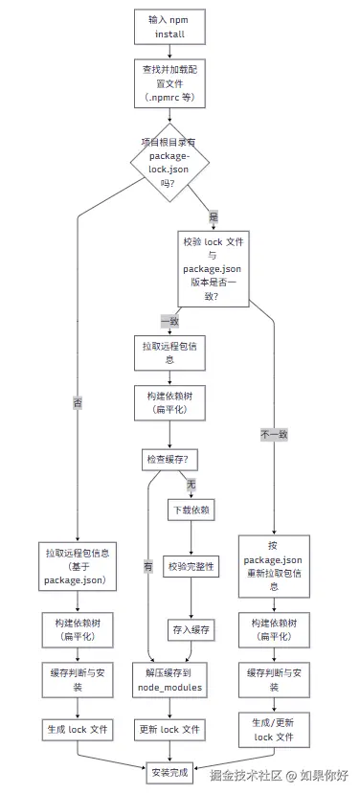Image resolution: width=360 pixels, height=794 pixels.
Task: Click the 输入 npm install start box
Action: [169, 26]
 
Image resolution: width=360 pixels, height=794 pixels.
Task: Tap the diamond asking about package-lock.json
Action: [169, 162]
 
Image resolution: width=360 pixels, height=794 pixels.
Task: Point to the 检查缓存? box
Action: [169, 460]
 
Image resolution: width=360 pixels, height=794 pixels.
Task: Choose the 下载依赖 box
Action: [191, 511]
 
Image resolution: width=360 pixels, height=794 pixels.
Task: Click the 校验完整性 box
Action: [191, 567]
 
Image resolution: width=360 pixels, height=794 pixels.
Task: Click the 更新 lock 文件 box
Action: [169, 730]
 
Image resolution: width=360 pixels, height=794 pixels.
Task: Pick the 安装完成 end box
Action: [169, 770]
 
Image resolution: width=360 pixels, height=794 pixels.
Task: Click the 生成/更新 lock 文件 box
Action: [274, 729]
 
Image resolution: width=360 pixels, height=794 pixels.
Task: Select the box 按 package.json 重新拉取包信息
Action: [274, 565]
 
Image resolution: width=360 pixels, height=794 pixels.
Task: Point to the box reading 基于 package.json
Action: [78, 567]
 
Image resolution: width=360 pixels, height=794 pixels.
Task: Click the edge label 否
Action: [78, 402]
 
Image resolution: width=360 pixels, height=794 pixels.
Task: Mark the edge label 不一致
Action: [274, 434]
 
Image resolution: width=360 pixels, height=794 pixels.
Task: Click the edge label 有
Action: [147, 567]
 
